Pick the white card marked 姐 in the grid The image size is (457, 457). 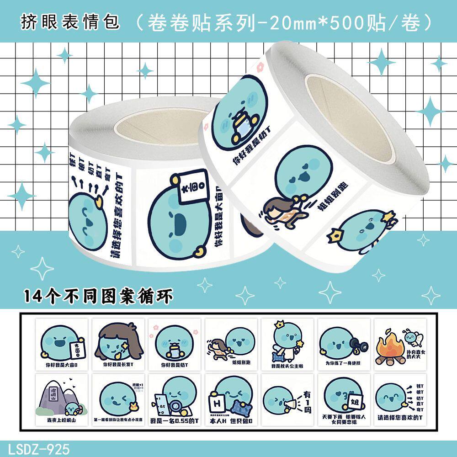click(353, 401)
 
